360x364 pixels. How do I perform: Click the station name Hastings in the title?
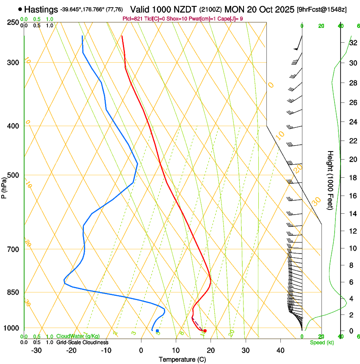pos(41,9)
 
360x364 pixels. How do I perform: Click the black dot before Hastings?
pos(20,9)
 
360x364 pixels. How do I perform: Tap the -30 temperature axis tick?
pos(36,350)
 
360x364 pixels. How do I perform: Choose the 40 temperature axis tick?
pos(280,350)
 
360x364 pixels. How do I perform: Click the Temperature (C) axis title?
pos(182,359)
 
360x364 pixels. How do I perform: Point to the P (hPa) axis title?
pos(4,187)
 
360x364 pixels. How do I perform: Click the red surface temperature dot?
pos(205,331)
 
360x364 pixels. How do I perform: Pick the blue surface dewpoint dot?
pos(157,331)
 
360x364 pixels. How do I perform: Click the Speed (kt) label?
pos(322,342)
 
